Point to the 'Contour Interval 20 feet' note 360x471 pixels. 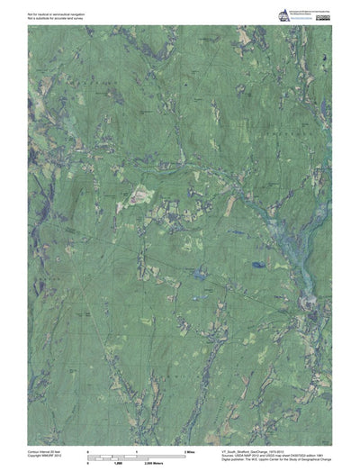click(21, 448)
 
